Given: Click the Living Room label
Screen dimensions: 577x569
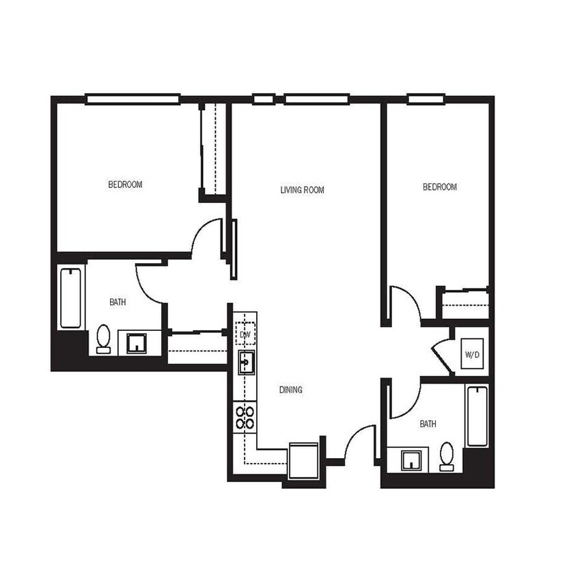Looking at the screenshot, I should tap(302, 190).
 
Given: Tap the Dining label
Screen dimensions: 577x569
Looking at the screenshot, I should tap(290, 390).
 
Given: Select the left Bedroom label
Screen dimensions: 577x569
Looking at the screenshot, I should tap(126, 185).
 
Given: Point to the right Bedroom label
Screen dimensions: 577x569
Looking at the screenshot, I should tap(440, 187).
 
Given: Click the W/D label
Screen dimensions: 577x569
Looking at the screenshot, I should tap(472, 355).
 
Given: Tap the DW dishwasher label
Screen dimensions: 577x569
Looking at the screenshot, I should tap(245, 334).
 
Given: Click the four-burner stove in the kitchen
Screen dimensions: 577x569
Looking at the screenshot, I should tap(245, 418).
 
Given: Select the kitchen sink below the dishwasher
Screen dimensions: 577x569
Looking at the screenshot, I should tap(246, 362).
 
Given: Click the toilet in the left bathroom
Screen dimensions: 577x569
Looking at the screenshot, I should tap(104, 339).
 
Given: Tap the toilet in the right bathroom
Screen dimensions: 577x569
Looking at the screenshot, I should tap(447, 456).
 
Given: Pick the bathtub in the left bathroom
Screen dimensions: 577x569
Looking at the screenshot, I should tap(70, 298).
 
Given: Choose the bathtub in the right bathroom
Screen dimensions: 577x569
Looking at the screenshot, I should tap(477, 416).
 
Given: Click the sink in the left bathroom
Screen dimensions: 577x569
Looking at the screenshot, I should tap(137, 343).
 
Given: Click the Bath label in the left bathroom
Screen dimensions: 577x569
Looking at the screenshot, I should tap(117, 302).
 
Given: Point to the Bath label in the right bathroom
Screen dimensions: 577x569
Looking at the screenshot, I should tap(428, 425).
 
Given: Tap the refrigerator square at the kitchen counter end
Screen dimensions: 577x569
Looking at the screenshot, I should tap(303, 460).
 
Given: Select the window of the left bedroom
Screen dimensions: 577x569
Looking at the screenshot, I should tap(133, 99).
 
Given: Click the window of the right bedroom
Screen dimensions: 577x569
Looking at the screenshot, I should tap(427, 99).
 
